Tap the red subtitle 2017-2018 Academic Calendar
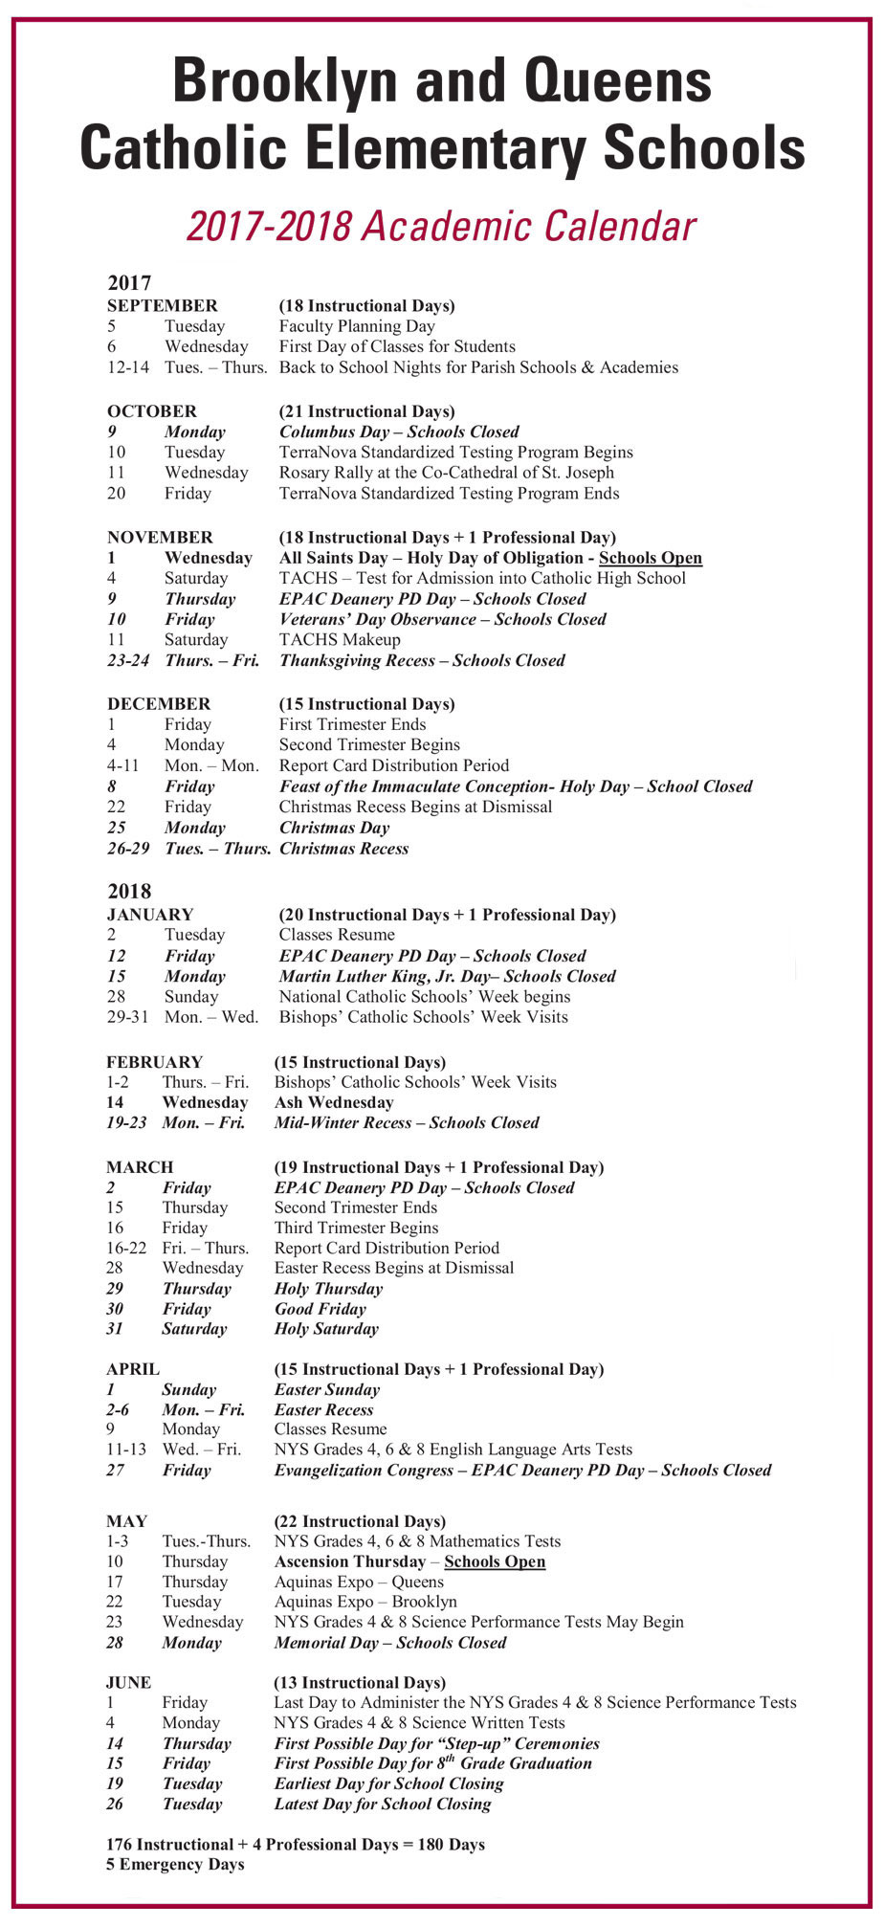(x=441, y=227)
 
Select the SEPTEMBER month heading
(x=162, y=306)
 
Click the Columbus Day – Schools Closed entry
(x=399, y=432)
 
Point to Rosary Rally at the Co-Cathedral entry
(x=446, y=473)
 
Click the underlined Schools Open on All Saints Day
(x=650, y=558)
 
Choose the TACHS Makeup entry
(x=340, y=639)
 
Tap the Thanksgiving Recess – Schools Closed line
(x=422, y=660)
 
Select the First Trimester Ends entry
(x=352, y=724)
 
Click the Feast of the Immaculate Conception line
(x=516, y=786)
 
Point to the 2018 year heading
(x=129, y=891)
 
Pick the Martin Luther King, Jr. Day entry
(x=447, y=976)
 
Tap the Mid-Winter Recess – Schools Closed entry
(x=407, y=1122)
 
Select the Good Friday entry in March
(x=320, y=1309)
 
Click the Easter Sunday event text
(x=326, y=1389)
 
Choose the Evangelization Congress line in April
(x=522, y=1470)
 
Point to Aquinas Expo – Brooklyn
(x=365, y=1602)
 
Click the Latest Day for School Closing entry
(x=382, y=1804)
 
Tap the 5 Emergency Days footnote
(x=175, y=1864)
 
